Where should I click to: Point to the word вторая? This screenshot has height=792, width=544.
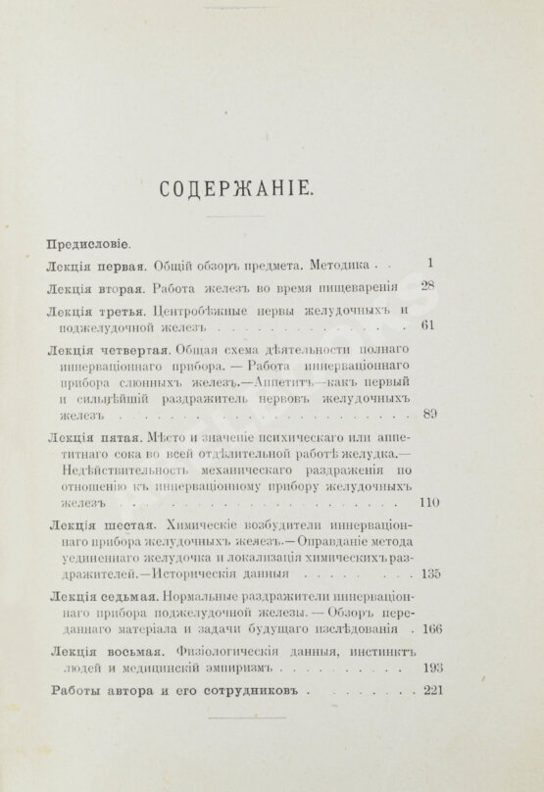click(x=123, y=288)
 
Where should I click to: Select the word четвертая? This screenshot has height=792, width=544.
click(x=134, y=350)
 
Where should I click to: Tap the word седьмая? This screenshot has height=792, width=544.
click(x=127, y=595)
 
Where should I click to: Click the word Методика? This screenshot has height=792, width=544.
click(x=341, y=265)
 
